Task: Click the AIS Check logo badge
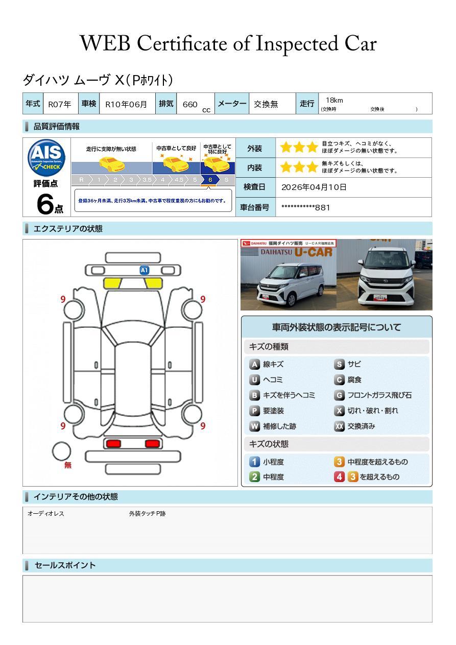46,157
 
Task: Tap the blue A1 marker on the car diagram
145,270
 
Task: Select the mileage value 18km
334,100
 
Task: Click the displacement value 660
190,104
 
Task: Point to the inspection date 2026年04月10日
314,187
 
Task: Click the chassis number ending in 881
305,207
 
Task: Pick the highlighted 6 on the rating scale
210,180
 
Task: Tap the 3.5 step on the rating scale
147,180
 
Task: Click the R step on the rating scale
81,180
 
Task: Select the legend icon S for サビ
339,365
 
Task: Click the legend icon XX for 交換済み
339,426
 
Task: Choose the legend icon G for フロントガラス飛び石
339,395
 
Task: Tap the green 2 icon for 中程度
254,477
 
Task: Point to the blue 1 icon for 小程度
254,462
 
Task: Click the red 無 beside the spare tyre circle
68,465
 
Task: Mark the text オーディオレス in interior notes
46,514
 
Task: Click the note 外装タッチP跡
147,514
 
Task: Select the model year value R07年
60,104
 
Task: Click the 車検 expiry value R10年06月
126,104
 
